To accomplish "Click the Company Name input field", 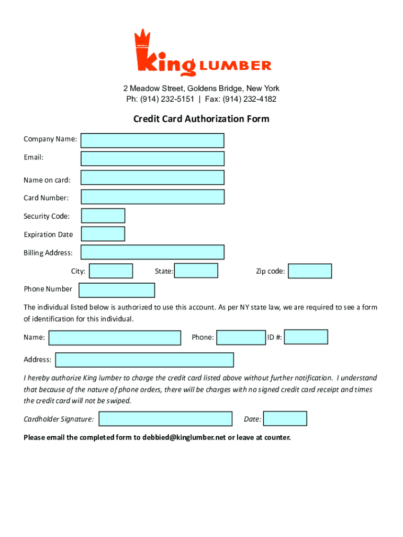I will tap(152, 141).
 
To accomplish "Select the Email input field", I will tap(152, 158).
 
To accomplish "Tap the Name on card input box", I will tap(152, 178).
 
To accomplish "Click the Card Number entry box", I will tap(152, 197).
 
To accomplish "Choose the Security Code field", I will tap(103, 216).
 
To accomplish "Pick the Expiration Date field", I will tap(103, 234).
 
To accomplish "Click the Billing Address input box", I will tap(152, 252).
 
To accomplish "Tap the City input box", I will tap(110, 271).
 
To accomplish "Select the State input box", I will tap(196, 271).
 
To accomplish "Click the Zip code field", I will tap(310, 271).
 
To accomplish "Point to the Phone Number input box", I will tap(117, 290).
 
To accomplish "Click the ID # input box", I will tap(306, 337).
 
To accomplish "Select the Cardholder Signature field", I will tap(165, 418).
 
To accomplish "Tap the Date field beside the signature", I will tap(285, 418).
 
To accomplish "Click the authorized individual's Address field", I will tap(144, 360).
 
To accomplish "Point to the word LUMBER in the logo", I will tap(235, 66).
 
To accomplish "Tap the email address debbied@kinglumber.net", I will tap(184, 437).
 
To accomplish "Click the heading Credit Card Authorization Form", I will tap(201, 119).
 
